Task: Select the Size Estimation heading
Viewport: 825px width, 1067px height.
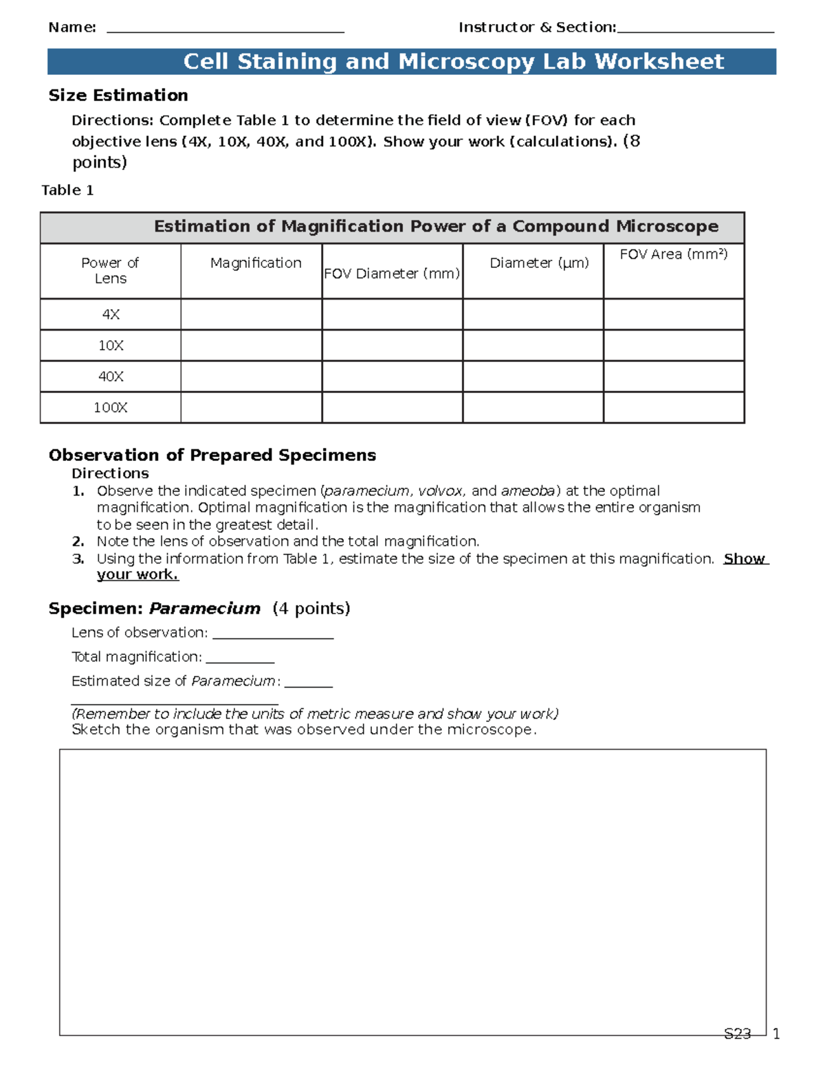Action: (x=118, y=96)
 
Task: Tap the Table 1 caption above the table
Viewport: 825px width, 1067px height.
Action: (x=67, y=190)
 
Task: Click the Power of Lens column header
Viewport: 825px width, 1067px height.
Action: (x=110, y=271)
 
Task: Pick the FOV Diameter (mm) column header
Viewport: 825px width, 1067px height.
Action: (x=392, y=273)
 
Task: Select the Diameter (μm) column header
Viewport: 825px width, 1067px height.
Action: (x=539, y=263)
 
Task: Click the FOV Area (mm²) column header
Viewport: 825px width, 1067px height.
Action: (x=673, y=254)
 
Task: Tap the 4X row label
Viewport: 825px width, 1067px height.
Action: (x=110, y=315)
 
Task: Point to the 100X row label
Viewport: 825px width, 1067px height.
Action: (x=110, y=407)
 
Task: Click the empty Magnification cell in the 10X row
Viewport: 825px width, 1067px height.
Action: (x=251, y=346)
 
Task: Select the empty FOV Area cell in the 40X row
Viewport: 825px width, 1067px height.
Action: (x=674, y=377)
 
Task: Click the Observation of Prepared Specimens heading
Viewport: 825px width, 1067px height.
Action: (x=212, y=456)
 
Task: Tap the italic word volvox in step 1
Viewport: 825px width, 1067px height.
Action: (x=440, y=491)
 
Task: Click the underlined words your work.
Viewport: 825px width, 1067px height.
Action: (x=137, y=575)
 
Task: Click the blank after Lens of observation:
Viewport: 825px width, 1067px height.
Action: (x=272, y=634)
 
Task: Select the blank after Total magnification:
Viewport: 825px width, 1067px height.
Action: (x=240, y=658)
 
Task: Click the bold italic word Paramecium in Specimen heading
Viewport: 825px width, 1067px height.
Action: (x=205, y=609)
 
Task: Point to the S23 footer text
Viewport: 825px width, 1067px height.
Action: (x=737, y=1033)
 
